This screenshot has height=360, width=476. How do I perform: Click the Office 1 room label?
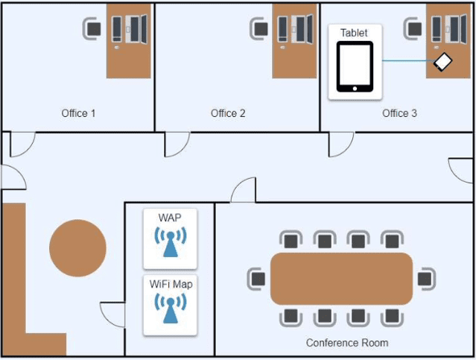coord(78,113)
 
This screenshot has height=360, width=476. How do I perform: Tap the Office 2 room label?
coord(228,113)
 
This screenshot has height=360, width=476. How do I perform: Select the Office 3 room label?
coord(399,113)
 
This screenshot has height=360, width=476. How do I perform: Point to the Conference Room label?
coord(346,343)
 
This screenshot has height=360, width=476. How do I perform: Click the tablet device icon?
coord(355,66)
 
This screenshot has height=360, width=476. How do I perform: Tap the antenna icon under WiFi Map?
coord(170,307)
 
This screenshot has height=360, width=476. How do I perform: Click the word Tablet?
coord(354,33)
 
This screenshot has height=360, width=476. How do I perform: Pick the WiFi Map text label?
coord(170,283)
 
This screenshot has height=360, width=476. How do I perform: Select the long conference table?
coord(341,279)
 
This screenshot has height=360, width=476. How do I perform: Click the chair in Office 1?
coord(93,28)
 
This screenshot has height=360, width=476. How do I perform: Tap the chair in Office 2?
coord(259,28)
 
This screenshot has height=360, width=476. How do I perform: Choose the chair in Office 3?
coord(413,28)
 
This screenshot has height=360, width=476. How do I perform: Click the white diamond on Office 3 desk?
coord(443,62)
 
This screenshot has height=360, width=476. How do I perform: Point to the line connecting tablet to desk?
coord(406,60)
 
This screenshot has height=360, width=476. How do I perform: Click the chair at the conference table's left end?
coord(257,279)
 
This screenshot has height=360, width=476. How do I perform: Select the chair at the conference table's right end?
coord(425,279)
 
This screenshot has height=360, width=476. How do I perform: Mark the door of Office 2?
coord(176,144)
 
